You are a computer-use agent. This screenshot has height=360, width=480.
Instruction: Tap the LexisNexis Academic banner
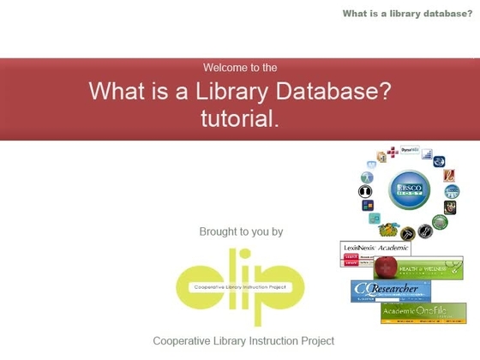[x=375, y=249]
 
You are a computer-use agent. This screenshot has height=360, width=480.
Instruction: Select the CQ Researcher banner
[x=390, y=291]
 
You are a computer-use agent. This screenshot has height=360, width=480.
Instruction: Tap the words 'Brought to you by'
[x=241, y=231]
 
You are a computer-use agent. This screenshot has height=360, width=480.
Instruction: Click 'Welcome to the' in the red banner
[x=240, y=67]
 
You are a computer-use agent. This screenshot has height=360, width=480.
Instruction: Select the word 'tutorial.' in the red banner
[x=240, y=119]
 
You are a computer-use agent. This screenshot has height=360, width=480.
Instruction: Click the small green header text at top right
[x=406, y=13]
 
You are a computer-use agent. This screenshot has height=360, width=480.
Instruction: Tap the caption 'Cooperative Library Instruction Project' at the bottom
[x=243, y=340]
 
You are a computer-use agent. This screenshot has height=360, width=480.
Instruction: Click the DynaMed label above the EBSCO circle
[x=410, y=149]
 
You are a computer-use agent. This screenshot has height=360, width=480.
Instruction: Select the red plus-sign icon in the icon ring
[x=393, y=153]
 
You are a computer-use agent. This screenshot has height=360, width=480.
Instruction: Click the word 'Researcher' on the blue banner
[x=396, y=289]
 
